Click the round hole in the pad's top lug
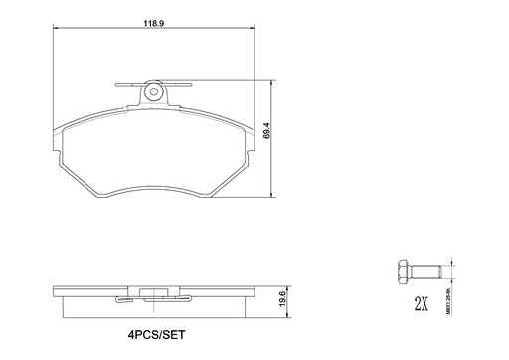152,92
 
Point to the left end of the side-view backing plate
55,295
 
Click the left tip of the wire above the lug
117,84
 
